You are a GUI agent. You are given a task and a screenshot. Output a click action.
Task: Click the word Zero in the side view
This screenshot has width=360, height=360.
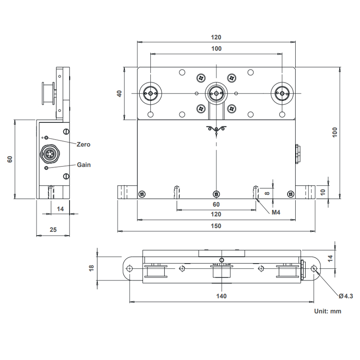click(x=84, y=144)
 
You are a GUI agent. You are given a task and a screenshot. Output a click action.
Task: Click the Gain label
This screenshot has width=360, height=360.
click(x=84, y=165)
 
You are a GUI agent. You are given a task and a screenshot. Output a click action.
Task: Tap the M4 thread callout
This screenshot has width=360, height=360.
click(x=276, y=212)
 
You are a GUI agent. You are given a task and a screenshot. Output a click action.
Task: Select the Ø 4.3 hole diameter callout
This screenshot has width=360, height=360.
click(x=346, y=296)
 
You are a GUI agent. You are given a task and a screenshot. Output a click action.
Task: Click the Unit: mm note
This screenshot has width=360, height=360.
click(x=328, y=312)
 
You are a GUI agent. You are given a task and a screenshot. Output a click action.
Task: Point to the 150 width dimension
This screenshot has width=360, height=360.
click(x=216, y=226)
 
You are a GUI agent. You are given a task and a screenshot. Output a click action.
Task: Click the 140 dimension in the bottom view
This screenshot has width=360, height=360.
click(x=221, y=296)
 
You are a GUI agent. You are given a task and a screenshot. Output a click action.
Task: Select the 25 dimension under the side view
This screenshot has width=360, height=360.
click(x=53, y=229)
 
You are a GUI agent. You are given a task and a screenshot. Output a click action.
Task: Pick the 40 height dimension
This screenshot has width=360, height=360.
click(x=120, y=94)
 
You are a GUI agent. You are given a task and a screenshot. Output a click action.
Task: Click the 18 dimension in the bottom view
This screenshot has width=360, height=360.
click(x=91, y=268)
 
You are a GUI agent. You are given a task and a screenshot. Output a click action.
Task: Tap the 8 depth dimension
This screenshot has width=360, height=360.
click(x=267, y=193)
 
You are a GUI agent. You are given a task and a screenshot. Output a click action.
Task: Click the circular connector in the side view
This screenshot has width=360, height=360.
click(x=50, y=154)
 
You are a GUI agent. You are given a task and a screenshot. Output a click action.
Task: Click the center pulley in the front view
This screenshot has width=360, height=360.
click(x=216, y=93)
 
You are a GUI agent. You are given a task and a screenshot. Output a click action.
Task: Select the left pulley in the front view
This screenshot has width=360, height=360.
click(x=150, y=93)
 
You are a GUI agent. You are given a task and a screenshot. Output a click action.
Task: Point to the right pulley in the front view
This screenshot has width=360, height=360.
click(x=282, y=93)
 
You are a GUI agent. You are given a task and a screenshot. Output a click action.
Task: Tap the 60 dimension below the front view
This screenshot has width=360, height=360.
click(x=216, y=204)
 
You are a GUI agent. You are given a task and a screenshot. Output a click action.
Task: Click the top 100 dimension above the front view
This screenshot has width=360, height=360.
click(x=216, y=48)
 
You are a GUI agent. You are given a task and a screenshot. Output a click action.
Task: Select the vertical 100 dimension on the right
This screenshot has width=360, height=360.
click(x=335, y=132)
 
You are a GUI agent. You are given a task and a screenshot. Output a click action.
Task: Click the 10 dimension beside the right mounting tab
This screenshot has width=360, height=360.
click(x=323, y=192)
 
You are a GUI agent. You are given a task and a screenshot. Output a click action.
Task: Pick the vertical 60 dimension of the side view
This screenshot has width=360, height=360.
click(x=10, y=159)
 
